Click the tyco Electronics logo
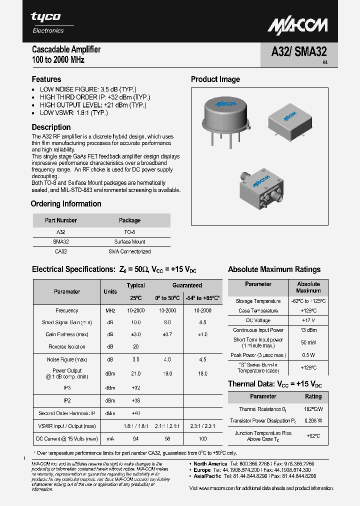(48, 22)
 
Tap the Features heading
(46, 79)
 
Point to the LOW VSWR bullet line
(73, 113)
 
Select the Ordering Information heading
(66, 204)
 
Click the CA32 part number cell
(60, 251)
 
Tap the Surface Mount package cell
(129, 241)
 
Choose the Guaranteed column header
(187, 285)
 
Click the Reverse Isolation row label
(67, 346)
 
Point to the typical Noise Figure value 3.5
(135, 359)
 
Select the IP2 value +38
(135, 400)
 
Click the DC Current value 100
(202, 438)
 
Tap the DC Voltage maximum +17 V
(308, 320)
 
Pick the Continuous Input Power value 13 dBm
(308, 330)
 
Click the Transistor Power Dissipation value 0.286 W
(313, 420)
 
